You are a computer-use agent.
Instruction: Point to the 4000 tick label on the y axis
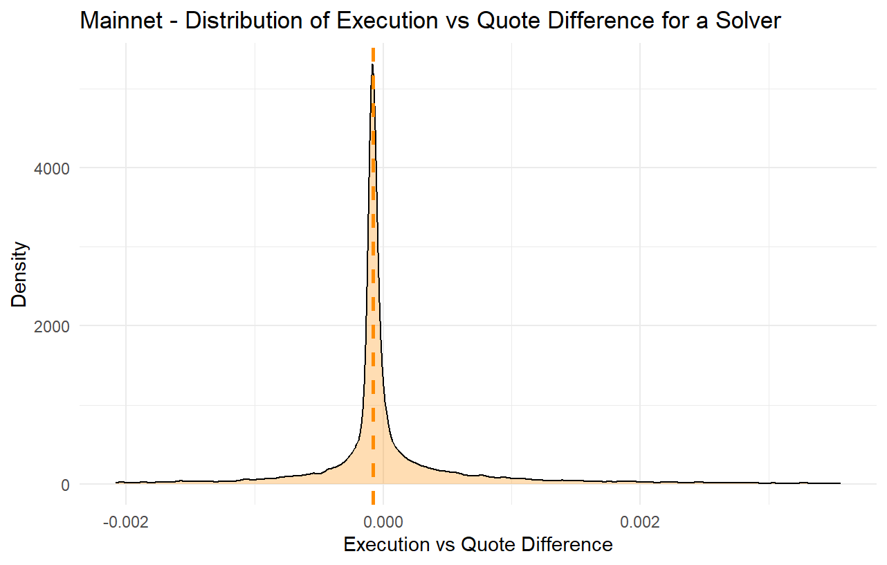coord(52,168)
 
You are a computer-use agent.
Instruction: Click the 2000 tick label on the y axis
coord(52,326)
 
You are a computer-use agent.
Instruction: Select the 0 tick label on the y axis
coord(65,485)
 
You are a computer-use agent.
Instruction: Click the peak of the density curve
coord(372,64)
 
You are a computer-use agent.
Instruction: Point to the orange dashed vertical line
coord(373,277)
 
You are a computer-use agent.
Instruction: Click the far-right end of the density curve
coord(839,483)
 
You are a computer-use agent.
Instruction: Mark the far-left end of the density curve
coord(116,482)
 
